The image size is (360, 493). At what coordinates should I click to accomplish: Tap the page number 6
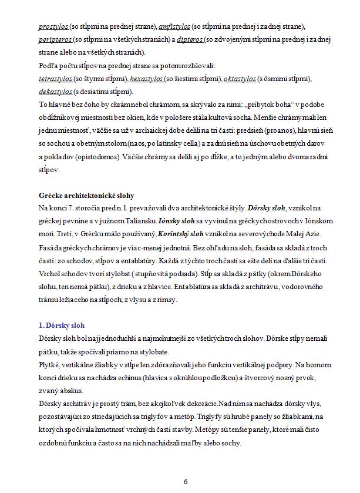pyautogui.click(x=186, y=481)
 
